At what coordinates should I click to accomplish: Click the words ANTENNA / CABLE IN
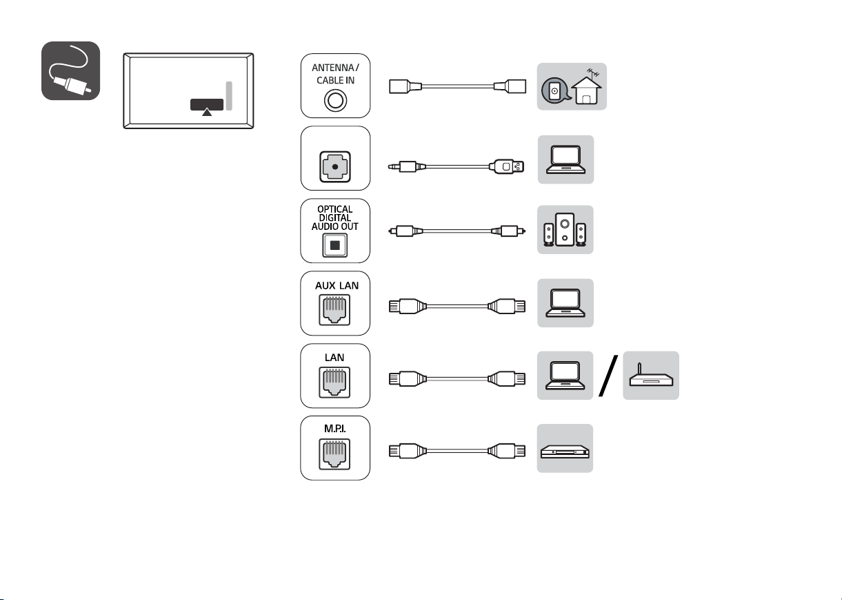pyautogui.click(x=335, y=74)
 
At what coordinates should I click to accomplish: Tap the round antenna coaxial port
pyautogui.click(x=335, y=101)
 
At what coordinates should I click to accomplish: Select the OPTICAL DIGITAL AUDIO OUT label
pyautogui.click(x=335, y=217)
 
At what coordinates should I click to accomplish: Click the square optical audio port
pyautogui.click(x=335, y=245)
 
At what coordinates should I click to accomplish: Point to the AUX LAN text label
pyautogui.click(x=337, y=286)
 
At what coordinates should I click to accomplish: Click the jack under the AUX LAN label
pyautogui.click(x=334, y=310)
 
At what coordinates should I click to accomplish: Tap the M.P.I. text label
pyautogui.click(x=335, y=428)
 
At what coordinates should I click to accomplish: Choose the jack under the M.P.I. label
pyautogui.click(x=334, y=454)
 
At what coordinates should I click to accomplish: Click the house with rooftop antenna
pyautogui.click(x=587, y=87)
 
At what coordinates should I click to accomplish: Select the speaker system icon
pyautogui.click(x=565, y=230)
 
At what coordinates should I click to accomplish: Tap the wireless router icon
pyautogui.click(x=651, y=376)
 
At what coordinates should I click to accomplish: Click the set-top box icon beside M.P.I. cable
pyautogui.click(x=565, y=452)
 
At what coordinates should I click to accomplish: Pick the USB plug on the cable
pyautogui.click(x=507, y=166)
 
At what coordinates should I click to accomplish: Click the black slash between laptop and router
pyautogui.click(x=608, y=376)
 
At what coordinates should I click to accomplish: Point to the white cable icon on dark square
pyautogui.click(x=70, y=70)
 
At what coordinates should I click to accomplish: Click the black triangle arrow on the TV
pyautogui.click(x=207, y=112)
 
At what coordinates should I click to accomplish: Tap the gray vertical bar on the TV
pyautogui.click(x=229, y=95)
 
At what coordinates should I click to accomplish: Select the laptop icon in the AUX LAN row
pyautogui.click(x=565, y=303)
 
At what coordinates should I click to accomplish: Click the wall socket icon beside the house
pyautogui.click(x=554, y=90)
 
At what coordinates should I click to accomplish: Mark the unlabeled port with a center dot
pyautogui.click(x=335, y=167)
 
